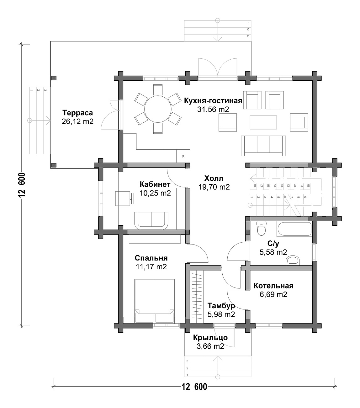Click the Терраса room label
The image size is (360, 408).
(x=77, y=113)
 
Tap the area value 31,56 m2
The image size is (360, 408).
(x=213, y=109)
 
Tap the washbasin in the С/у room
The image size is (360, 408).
(x=294, y=260)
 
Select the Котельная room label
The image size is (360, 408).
(x=273, y=286)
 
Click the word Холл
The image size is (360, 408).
(x=214, y=179)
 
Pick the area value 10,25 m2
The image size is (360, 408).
(x=155, y=193)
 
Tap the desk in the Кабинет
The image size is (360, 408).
(x=123, y=198)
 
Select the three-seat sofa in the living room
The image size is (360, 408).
(x=263, y=146)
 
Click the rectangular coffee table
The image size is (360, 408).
(x=263, y=122)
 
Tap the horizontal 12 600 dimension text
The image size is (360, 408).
(x=194, y=387)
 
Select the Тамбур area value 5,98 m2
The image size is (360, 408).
(x=221, y=314)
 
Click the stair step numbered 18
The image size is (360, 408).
(x=255, y=185)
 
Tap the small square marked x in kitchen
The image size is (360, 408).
(x=183, y=156)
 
